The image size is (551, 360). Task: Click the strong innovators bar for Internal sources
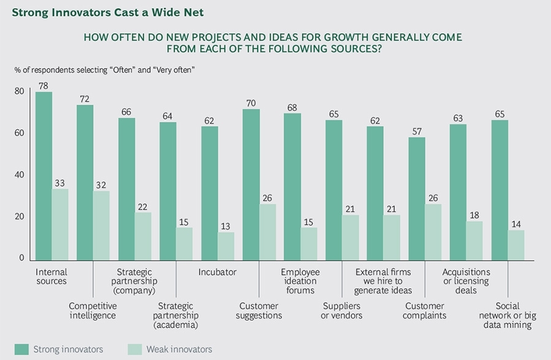tap(43, 175)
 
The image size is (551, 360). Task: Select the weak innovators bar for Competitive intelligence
tap(102, 224)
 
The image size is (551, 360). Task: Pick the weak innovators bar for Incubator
tap(226, 245)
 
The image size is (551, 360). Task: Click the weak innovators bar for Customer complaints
tap(433, 231)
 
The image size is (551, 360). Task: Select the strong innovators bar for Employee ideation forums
tap(293, 186)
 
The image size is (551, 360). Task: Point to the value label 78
tap(43, 86)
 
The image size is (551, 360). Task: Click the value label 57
tap(417, 131)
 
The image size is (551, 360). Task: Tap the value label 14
tap(516, 224)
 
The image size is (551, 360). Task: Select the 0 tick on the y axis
tap(21, 258)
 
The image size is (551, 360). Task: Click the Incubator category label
tap(217, 272)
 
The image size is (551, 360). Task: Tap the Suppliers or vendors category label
tap(342, 310)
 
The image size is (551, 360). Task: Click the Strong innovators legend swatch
tap(22, 349)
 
